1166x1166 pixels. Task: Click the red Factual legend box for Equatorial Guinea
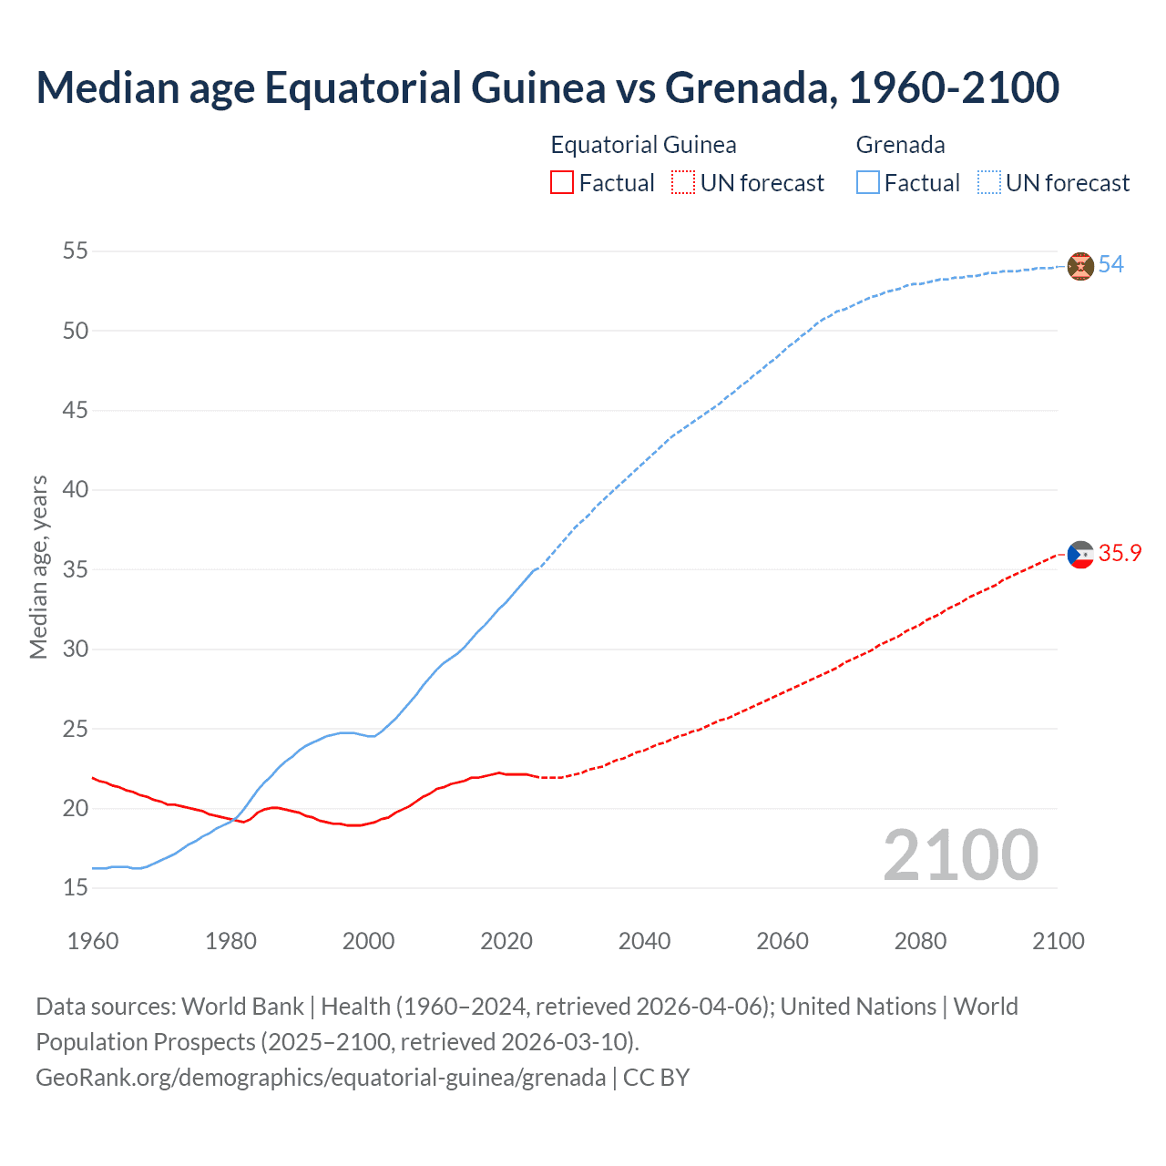(562, 183)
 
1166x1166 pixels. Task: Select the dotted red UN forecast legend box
(683, 183)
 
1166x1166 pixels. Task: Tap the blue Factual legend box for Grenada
(868, 183)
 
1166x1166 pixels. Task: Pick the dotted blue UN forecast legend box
(988, 183)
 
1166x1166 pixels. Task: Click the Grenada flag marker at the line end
(1080, 266)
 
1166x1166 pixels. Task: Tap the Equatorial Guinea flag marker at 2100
(1080, 554)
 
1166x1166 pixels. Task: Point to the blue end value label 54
(1111, 265)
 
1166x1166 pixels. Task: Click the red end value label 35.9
(1120, 554)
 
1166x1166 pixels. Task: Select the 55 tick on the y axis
(76, 251)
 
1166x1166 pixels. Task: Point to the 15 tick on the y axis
(76, 887)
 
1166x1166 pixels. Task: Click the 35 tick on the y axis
(76, 569)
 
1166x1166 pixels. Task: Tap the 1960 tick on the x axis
(93, 941)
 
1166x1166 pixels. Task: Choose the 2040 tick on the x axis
(644, 941)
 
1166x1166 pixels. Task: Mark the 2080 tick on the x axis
(920, 941)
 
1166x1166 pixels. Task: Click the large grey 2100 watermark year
(960, 854)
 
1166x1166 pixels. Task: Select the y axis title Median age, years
(38, 566)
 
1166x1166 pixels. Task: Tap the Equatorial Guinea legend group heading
(643, 145)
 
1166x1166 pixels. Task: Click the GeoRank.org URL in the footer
(321, 1078)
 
